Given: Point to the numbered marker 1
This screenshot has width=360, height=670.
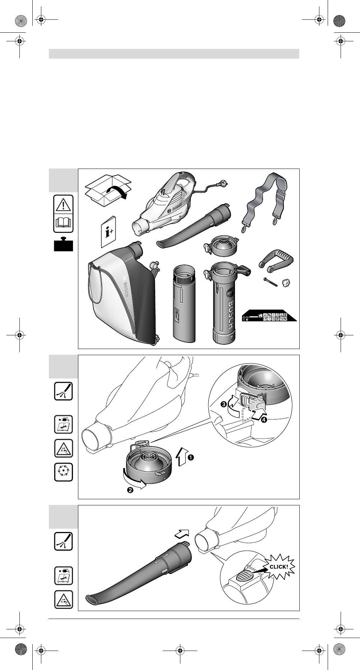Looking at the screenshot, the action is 191,457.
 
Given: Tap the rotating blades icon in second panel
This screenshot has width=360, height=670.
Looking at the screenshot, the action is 64,472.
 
